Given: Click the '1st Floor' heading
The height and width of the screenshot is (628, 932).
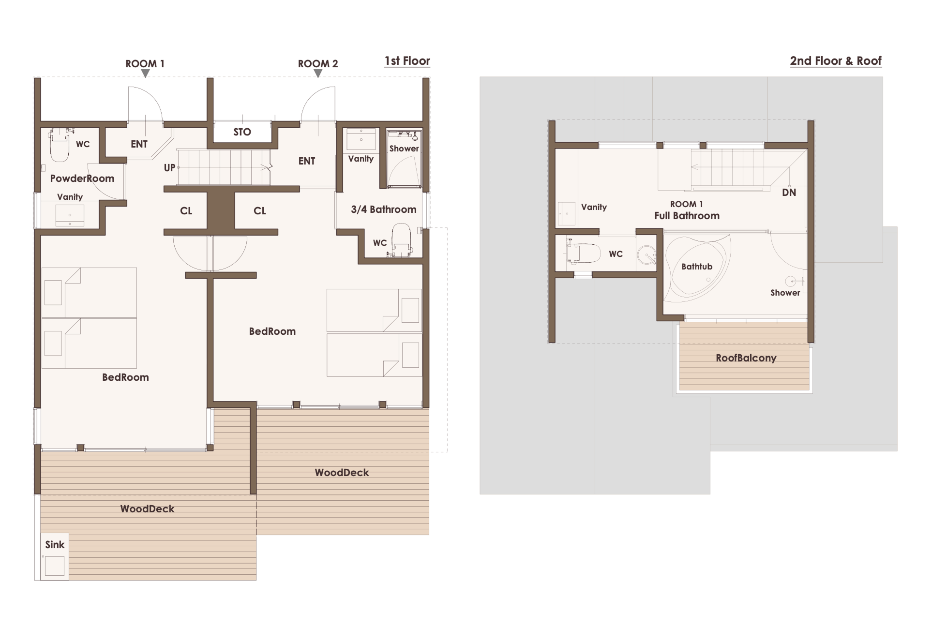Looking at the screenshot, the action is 407,61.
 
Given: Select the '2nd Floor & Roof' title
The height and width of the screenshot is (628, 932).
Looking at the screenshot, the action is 836,61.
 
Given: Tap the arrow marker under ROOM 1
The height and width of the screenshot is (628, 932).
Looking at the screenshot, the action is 145,74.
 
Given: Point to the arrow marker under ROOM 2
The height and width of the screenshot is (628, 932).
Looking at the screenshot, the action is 318,74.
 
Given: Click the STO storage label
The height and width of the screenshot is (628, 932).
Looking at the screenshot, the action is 242,132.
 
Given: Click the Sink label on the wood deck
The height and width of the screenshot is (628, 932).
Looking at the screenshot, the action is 55,545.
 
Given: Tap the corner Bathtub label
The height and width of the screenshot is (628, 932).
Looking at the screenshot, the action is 697,267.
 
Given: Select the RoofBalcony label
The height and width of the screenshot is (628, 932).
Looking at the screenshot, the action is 746,358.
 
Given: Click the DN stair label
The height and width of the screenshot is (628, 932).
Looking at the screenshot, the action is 789,193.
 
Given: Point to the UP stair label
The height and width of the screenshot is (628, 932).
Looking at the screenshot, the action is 169,168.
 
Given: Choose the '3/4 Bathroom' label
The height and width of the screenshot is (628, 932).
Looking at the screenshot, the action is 384,209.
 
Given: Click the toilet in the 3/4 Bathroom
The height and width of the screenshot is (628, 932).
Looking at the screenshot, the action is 402,240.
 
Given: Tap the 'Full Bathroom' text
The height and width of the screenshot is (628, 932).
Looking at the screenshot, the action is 687,216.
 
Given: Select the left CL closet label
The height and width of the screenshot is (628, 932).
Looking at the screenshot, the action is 186,211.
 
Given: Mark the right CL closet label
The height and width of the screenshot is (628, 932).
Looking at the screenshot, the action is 260,211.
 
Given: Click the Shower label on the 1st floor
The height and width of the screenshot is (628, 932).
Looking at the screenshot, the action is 404,149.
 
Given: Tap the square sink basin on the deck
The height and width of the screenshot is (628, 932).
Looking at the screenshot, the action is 55,566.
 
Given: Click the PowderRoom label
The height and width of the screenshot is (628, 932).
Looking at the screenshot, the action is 82,179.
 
